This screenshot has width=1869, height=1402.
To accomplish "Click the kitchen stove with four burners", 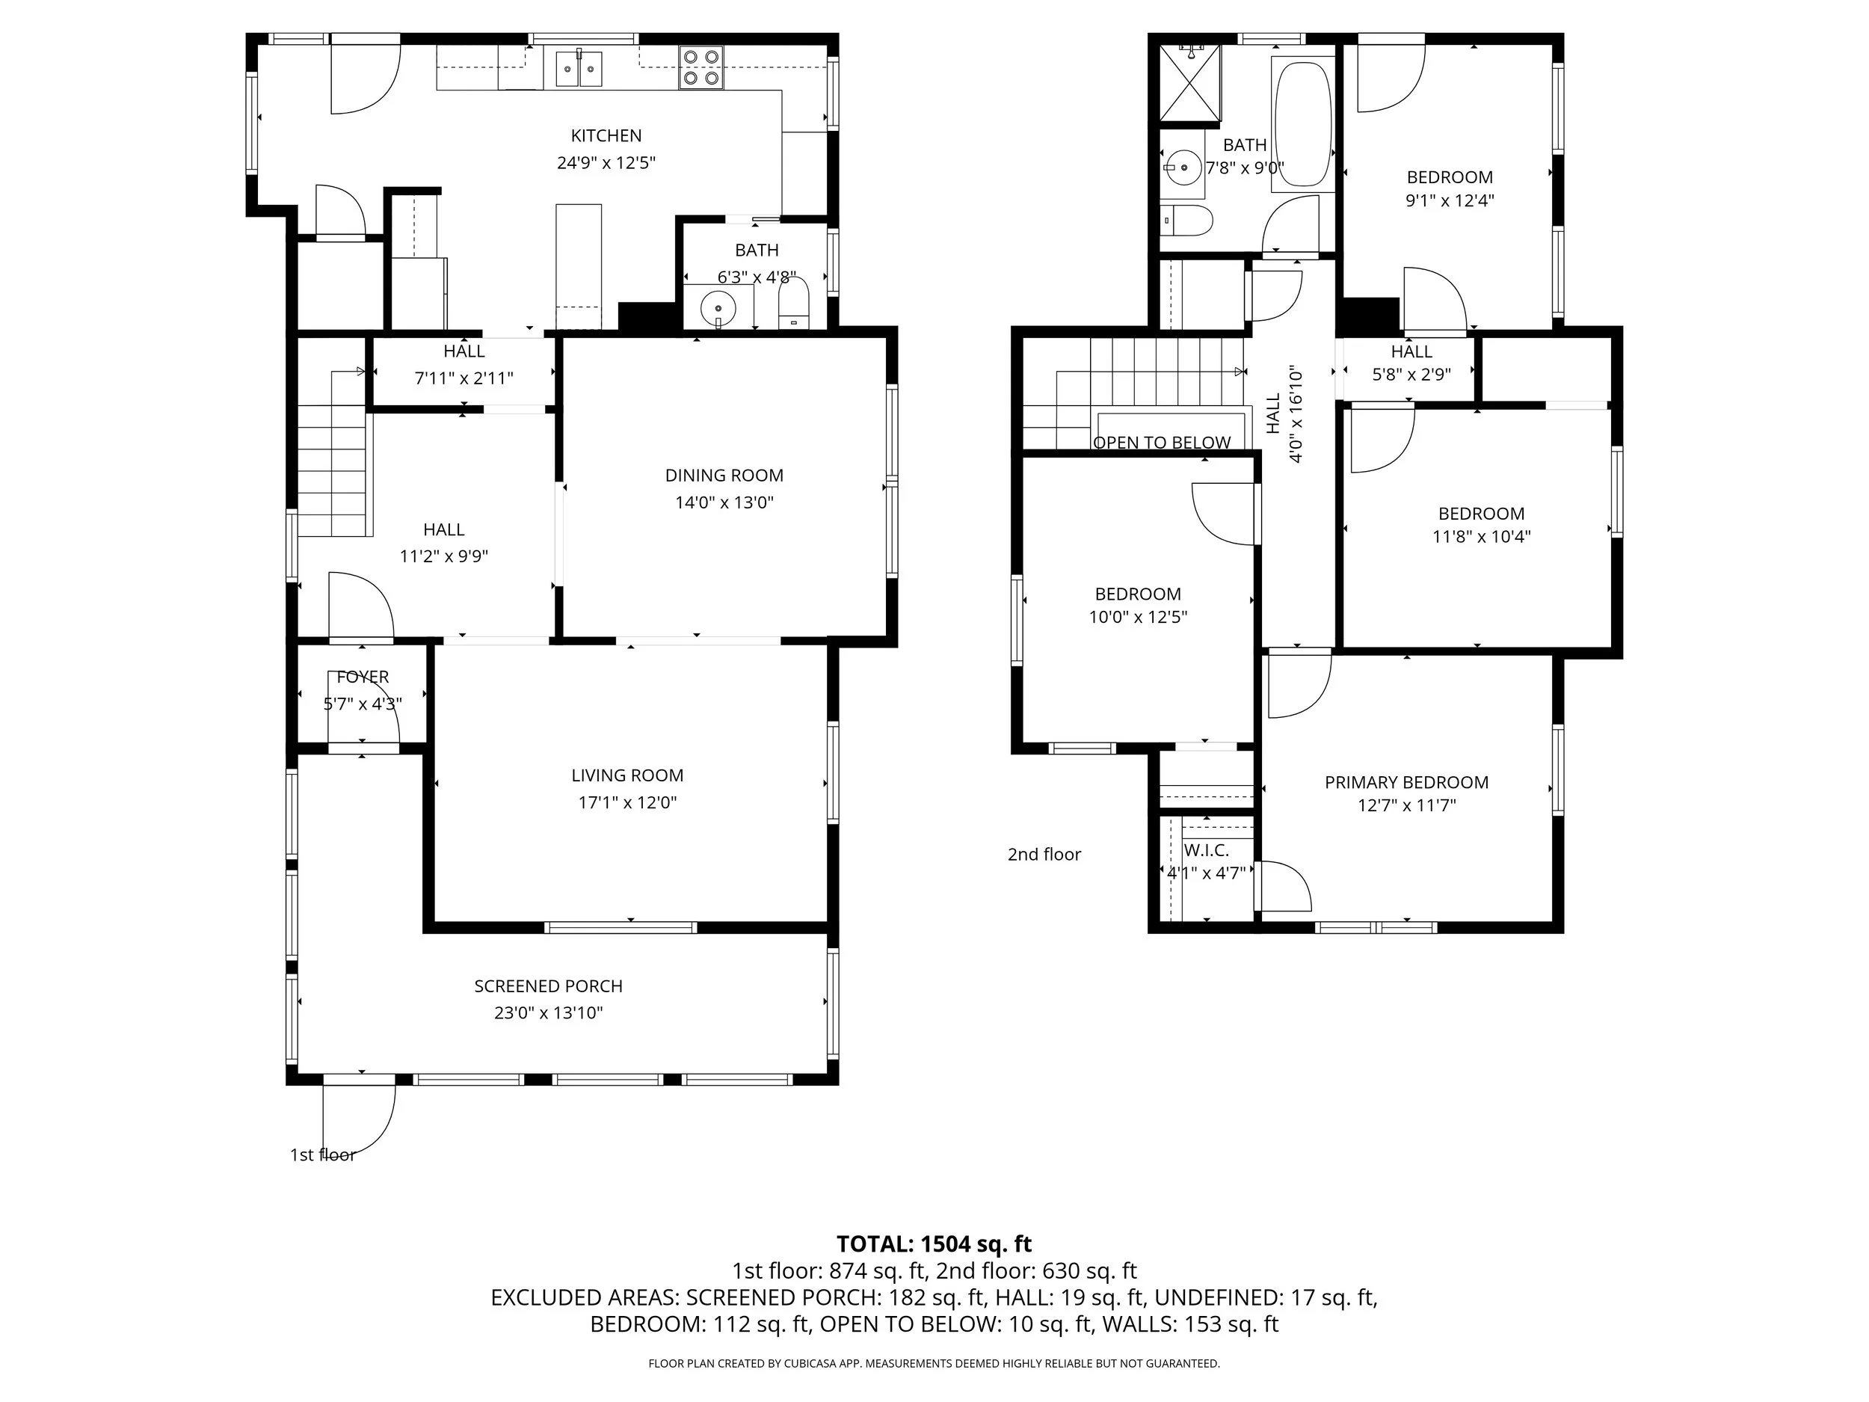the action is tap(702, 67).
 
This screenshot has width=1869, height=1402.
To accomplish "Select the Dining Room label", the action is tap(724, 476).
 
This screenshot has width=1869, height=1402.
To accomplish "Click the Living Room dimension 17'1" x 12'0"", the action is tap(628, 802).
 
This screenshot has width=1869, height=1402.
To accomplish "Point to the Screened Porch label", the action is tap(548, 986).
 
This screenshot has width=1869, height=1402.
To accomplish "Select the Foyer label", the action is tap(363, 677).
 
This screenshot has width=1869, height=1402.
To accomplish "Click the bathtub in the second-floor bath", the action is tap(1303, 123).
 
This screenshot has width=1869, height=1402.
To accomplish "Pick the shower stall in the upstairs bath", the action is tap(1189, 83).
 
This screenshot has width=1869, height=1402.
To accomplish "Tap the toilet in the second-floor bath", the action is tap(1186, 221).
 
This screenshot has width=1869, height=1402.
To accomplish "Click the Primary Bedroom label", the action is tap(1407, 783).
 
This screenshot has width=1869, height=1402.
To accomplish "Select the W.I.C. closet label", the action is tap(1207, 850).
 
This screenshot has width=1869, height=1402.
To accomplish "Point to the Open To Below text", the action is tap(1162, 443).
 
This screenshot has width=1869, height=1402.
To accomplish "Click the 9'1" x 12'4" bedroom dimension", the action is tap(1450, 201).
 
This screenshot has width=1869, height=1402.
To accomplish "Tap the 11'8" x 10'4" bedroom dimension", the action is tap(1482, 537).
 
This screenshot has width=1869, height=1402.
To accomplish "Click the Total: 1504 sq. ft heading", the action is tap(934, 1244).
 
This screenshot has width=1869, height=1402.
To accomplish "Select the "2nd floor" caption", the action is tap(1044, 855).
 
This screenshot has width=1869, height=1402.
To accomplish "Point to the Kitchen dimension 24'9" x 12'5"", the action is tap(606, 162).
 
